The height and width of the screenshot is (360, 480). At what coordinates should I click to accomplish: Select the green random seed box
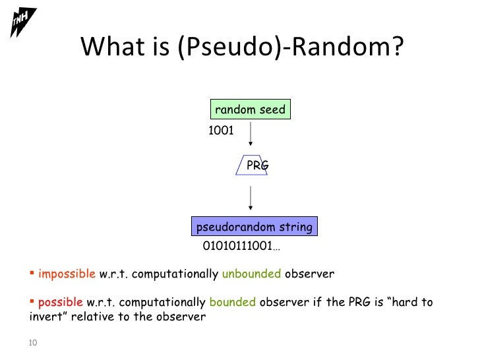pyautogui.click(x=251, y=109)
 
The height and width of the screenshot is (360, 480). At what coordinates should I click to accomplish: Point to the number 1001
pyautogui.click(x=221, y=131)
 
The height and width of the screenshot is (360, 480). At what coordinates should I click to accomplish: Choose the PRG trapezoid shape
pyautogui.click(x=251, y=165)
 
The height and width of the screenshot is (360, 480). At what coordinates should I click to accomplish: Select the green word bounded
pyautogui.click(x=232, y=303)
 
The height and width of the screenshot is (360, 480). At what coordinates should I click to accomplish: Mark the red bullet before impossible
pyautogui.click(x=33, y=273)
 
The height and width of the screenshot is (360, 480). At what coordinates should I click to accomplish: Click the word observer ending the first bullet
pyautogui.click(x=310, y=274)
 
